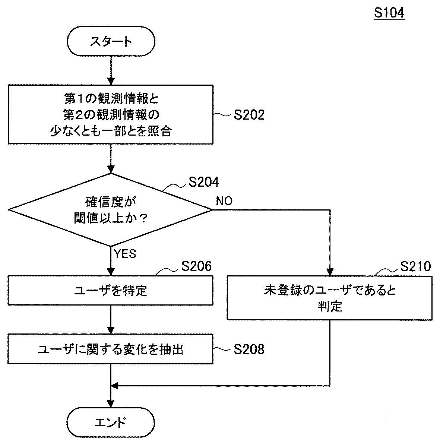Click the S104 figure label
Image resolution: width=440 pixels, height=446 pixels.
coord(389,13)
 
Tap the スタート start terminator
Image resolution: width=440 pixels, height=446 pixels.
coord(111,41)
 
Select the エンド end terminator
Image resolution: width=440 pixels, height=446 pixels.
coord(111,423)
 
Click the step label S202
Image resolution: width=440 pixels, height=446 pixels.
coord(249,115)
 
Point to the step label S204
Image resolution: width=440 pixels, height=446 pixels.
coord(204,182)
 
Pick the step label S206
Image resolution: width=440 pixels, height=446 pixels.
coord(197,266)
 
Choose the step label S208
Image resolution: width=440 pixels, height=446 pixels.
coord(249,349)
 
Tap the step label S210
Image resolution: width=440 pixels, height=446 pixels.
coord(416,266)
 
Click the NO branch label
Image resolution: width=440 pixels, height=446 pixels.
coord(224,201)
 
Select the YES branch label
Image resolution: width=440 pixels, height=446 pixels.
coord(125,254)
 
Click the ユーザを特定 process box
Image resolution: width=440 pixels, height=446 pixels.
coord(110,290)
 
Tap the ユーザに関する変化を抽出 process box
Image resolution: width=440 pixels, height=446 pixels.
coord(110,349)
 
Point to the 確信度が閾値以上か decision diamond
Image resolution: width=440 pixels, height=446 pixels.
coord(110,210)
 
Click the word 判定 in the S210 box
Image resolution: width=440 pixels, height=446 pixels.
coord(330,306)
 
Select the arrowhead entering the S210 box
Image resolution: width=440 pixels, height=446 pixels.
coord(330,272)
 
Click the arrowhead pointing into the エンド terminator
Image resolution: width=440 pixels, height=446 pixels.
coord(111,404)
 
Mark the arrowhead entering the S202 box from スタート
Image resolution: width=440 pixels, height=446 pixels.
coord(111,81)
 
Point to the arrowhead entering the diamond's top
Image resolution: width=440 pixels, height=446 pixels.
coord(111,169)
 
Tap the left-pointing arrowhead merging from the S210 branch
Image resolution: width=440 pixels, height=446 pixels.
coord(114,386)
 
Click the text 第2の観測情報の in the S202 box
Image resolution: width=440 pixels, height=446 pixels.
coord(111,115)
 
